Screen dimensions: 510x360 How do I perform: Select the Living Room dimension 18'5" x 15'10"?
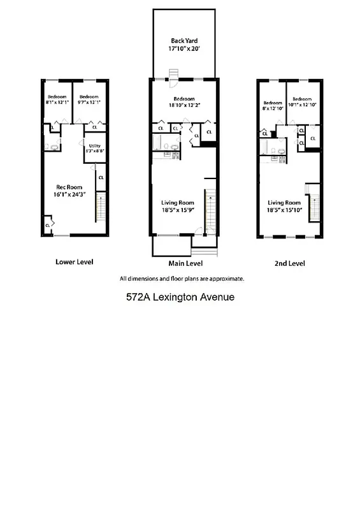[284, 208]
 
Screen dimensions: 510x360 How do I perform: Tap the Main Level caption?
[185, 263]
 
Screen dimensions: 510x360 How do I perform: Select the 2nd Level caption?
[289, 263]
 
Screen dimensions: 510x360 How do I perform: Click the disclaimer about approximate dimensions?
[182, 278]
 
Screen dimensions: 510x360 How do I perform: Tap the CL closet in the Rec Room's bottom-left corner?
[48, 225]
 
